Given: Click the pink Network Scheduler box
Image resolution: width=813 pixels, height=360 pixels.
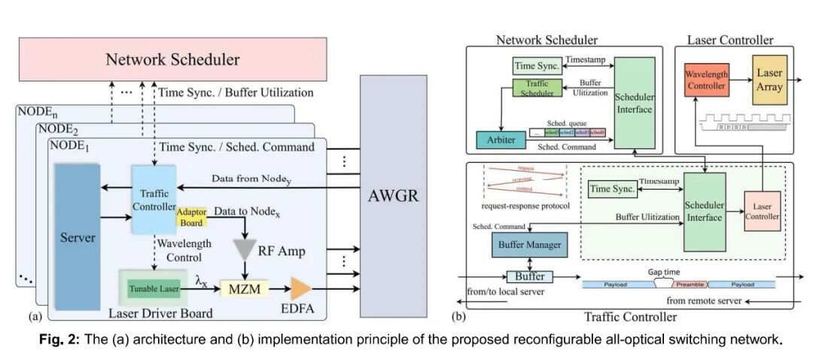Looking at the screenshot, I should click(173, 59).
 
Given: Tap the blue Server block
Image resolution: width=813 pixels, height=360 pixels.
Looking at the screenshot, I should click(78, 237).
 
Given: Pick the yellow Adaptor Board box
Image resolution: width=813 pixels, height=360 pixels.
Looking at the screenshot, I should click(190, 217).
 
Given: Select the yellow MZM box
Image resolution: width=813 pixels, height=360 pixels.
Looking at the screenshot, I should click(245, 288).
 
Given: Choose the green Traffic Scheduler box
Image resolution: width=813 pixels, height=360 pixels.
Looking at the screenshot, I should click(531, 87).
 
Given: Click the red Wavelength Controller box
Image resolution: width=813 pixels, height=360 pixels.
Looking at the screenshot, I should click(705, 79).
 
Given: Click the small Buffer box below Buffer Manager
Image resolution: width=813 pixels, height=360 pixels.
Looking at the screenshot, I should click(529, 276).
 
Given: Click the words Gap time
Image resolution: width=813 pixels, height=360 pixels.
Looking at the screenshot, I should click(663, 270).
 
